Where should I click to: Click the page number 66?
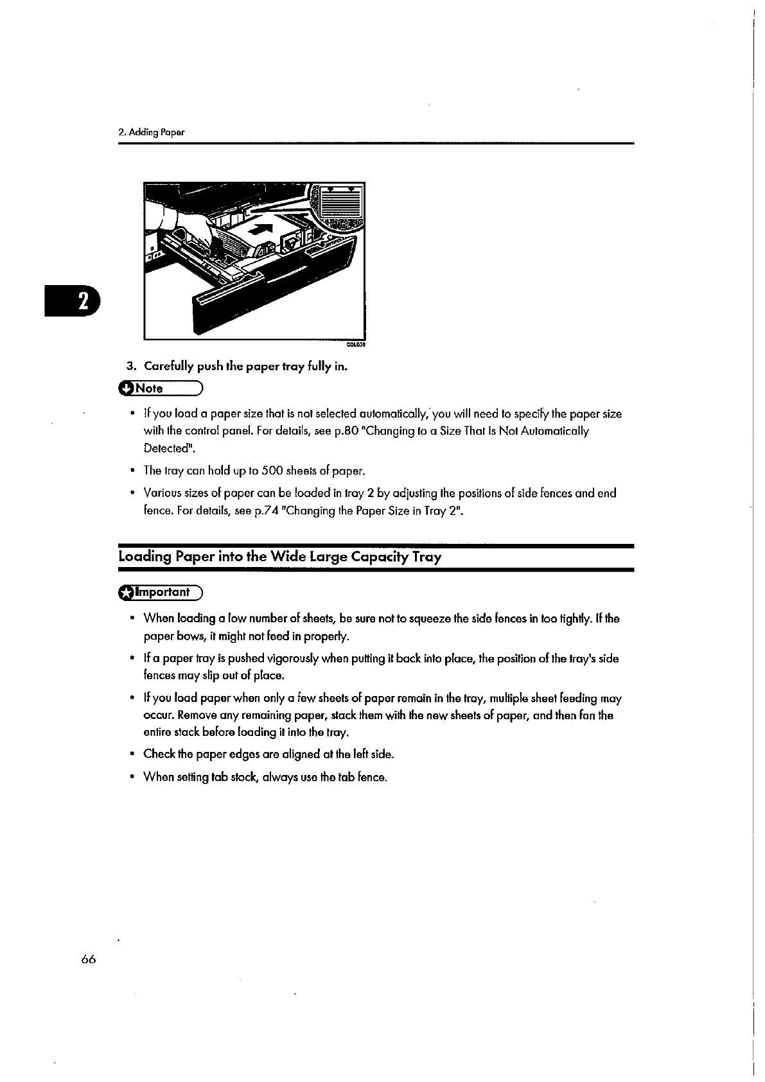click(89, 959)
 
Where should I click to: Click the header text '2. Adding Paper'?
click(152, 132)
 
